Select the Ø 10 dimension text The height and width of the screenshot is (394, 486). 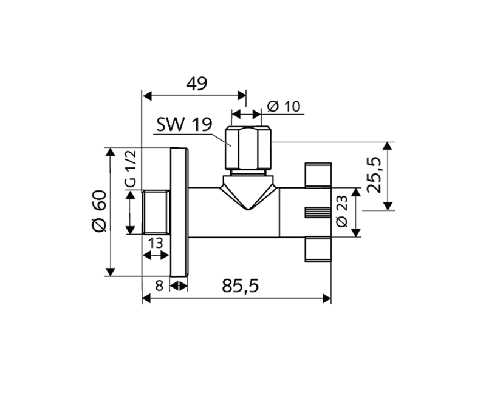(283, 107)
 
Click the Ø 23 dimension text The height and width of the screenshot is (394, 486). (341, 212)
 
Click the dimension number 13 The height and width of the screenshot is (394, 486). (156, 243)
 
